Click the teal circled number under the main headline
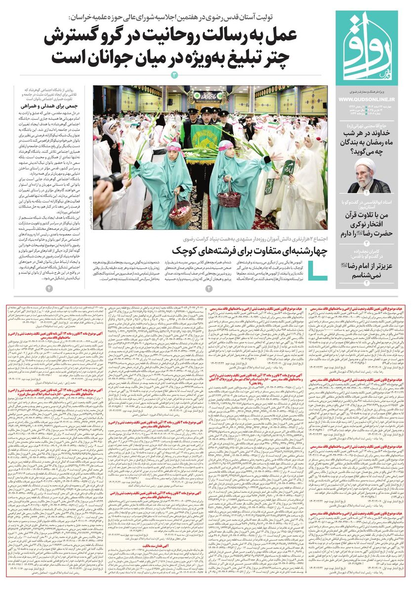pos(174,75)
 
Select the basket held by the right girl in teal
pos(229,199)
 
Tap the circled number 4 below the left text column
pos(49,288)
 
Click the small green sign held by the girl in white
pos(288,169)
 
